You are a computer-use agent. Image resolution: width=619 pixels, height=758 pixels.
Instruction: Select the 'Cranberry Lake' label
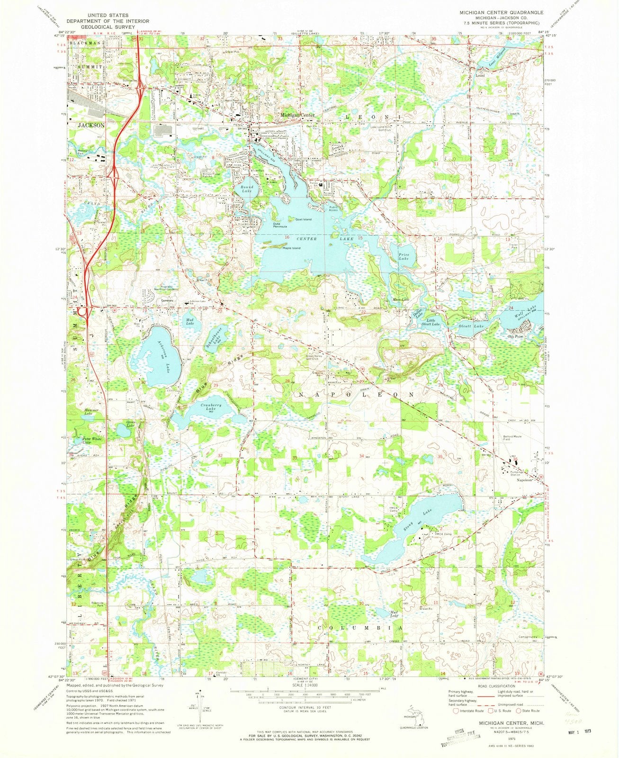click(211, 407)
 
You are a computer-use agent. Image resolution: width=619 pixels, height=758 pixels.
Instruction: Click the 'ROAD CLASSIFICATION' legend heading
click(495, 686)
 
